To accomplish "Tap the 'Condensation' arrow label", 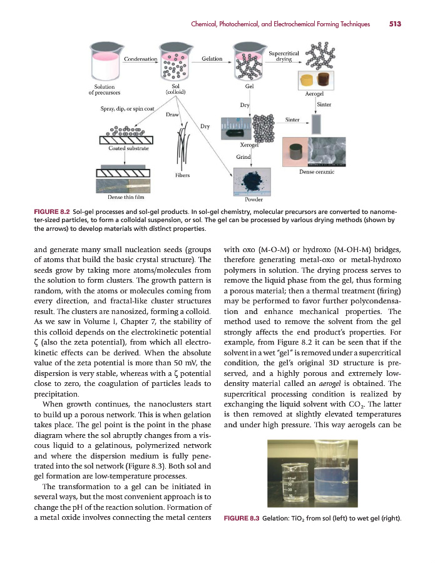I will [140, 59].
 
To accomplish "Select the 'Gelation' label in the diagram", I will [212, 59].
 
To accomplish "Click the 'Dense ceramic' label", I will [316, 171].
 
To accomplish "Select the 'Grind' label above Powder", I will [243, 156].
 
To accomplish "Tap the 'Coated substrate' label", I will [128, 148].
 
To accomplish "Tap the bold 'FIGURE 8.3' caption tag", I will [242, 519].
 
